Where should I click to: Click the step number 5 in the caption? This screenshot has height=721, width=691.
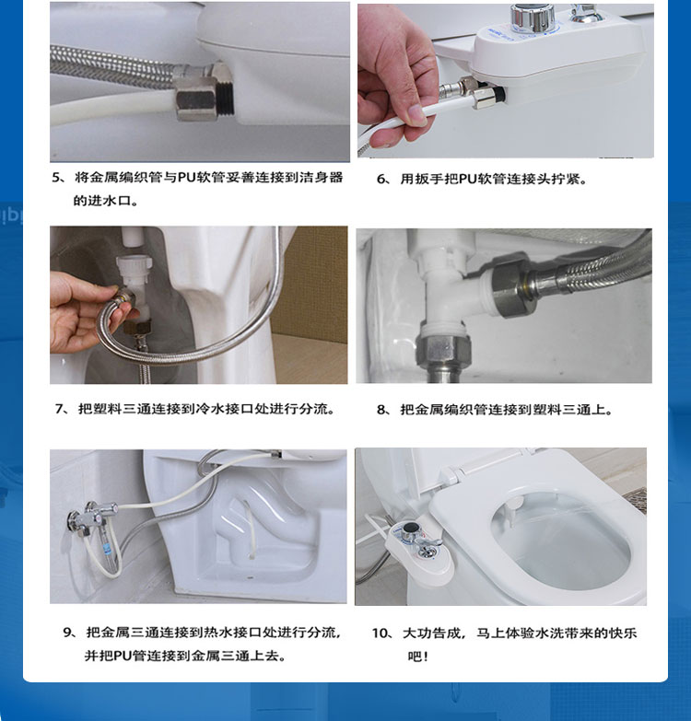tap(57, 178)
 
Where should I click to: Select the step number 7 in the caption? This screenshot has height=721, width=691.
tap(60, 409)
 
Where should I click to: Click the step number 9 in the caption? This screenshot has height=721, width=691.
tap(68, 633)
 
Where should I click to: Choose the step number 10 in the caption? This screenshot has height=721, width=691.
tap(381, 634)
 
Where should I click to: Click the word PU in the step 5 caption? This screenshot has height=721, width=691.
tap(186, 178)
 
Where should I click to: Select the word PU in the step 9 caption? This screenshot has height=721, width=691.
tap(123, 656)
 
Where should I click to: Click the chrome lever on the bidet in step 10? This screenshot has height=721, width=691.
tap(427, 546)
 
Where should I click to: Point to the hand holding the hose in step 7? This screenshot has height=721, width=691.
tap(83, 313)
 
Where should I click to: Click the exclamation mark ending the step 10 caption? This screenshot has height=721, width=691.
tap(426, 657)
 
